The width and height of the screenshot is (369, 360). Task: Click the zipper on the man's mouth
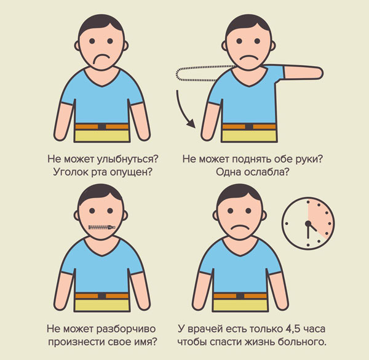101,228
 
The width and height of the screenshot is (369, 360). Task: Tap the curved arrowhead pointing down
191,123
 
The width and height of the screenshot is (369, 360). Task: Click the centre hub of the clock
308,223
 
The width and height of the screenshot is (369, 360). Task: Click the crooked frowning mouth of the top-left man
101,58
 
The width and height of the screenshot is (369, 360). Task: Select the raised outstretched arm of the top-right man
304,73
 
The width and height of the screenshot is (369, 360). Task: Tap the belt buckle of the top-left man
101,126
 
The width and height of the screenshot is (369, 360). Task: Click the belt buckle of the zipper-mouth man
101,296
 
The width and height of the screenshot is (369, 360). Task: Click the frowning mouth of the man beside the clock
240,228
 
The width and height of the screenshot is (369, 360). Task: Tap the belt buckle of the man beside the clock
240,296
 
